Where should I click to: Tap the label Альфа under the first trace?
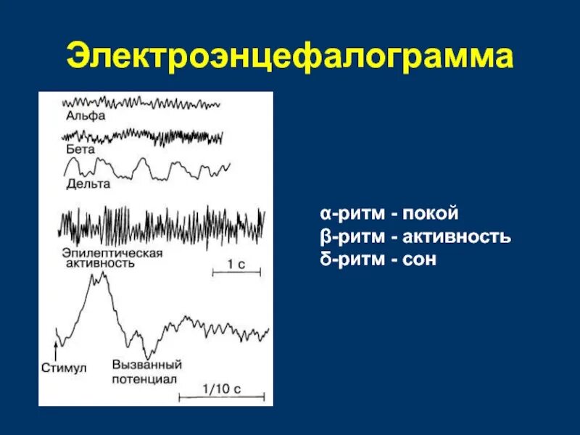pyautogui.click(x=86, y=115)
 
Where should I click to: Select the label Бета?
pyautogui.click(x=80, y=148)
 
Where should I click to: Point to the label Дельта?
pyautogui.click(x=88, y=183)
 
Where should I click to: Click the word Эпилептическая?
pyautogui.click(x=112, y=252)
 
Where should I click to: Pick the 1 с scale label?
pyautogui.click(x=236, y=265)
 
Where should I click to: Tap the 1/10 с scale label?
pyautogui.click(x=222, y=389)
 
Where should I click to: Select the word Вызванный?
pyautogui.click(x=146, y=365)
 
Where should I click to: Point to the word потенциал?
pyautogui.click(x=145, y=378)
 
